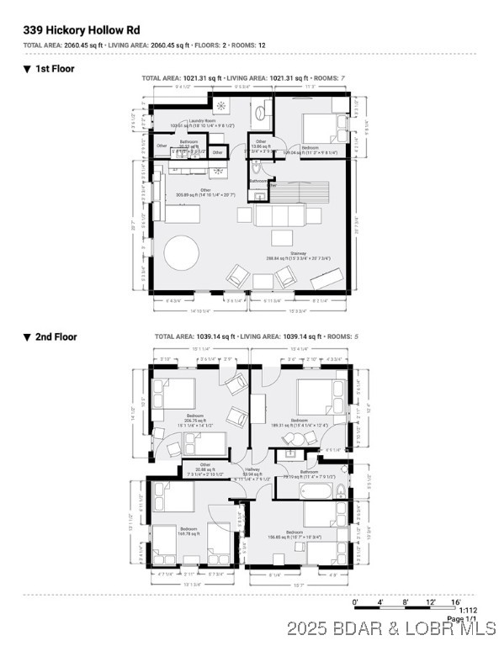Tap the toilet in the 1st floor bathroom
257,167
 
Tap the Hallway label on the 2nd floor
252,473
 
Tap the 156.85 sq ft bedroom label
295,535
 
